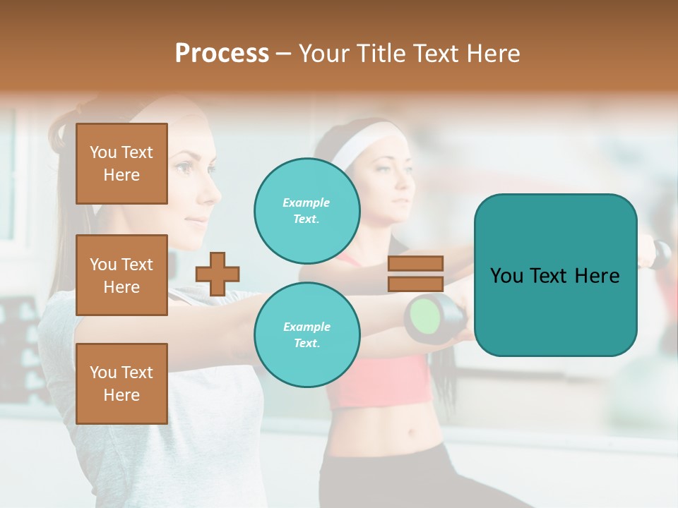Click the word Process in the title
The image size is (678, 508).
click(x=222, y=54)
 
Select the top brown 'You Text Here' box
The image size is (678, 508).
click(x=121, y=164)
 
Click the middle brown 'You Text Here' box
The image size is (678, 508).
click(x=121, y=275)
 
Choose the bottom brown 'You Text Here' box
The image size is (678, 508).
click(x=121, y=384)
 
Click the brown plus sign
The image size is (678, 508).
click(x=218, y=274)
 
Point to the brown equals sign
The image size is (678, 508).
click(x=415, y=274)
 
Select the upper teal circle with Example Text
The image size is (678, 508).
click(x=307, y=210)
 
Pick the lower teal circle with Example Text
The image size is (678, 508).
click(x=307, y=334)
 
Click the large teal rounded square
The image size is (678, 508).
click(x=555, y=275)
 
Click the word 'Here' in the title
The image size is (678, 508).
click(x=494, y=54)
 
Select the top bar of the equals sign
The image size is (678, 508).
click(x=415, y=264)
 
